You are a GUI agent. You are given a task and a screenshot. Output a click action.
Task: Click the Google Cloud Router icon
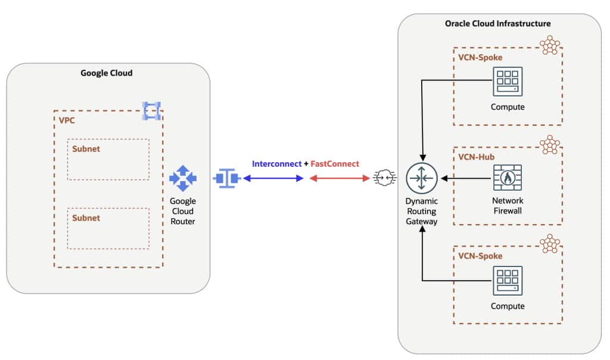coord(182,178)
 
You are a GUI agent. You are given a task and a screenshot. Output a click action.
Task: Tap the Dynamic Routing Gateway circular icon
coord(422,178)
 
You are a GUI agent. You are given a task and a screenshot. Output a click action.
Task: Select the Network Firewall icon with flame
coord(508,178)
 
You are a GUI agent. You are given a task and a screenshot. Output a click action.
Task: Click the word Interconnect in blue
coord(276,163)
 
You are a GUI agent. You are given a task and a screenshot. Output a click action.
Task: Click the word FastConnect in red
coord(334,163)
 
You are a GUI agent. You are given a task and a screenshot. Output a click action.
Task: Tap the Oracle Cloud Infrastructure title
coord(497,23)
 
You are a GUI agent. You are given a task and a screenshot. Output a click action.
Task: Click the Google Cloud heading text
coord(107,73)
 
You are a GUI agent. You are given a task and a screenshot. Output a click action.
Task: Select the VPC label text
coord(67,120)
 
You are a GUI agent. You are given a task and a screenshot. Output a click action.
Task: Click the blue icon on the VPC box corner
coord(152,110)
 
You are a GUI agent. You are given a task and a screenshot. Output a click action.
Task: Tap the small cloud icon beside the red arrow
coord(382,178)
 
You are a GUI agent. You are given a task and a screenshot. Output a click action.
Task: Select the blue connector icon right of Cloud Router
coord(226,178)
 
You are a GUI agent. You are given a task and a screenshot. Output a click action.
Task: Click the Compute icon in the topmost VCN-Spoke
coord(508,82)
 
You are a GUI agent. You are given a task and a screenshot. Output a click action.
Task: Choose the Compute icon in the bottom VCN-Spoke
coord(508,281)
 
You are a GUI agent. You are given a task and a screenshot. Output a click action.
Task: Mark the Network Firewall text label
coord(508,206)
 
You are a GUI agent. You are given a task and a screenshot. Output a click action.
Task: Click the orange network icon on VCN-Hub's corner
coord(550,145)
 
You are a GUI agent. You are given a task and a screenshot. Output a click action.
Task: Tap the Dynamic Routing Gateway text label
coord(422,211)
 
